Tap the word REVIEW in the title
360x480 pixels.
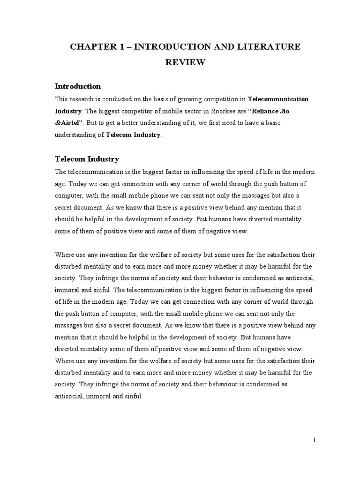click(185, 62)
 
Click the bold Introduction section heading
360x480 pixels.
click(78, 86)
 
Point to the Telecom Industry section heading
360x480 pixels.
click(87, 159)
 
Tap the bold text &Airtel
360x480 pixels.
click(69, 123)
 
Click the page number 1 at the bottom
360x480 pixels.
click(315, 440)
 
